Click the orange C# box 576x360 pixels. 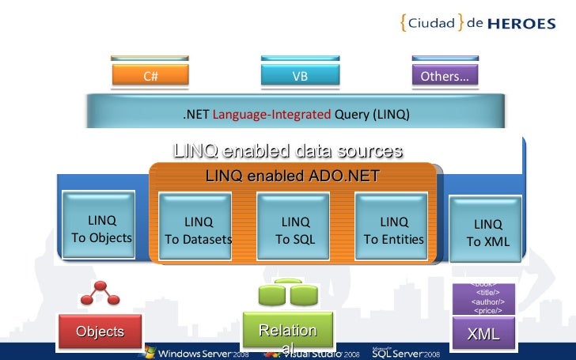pos(150,76)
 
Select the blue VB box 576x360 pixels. pos(300,76)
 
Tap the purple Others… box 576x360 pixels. pos(444,76)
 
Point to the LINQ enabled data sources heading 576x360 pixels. pos(287,150)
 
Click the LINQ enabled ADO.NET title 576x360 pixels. pos(292,176)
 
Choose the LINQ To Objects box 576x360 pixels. pos(101,229)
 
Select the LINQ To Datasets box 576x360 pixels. pos(199,230)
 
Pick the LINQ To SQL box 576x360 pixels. pos(296,230)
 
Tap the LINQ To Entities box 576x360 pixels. pos(393,230)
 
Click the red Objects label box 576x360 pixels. pos(100,332)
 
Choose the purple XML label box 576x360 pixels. pos(483,334)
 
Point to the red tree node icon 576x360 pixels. pos(100,295)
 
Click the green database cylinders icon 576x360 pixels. pos(288,294)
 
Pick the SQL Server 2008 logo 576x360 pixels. pos(404,352)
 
